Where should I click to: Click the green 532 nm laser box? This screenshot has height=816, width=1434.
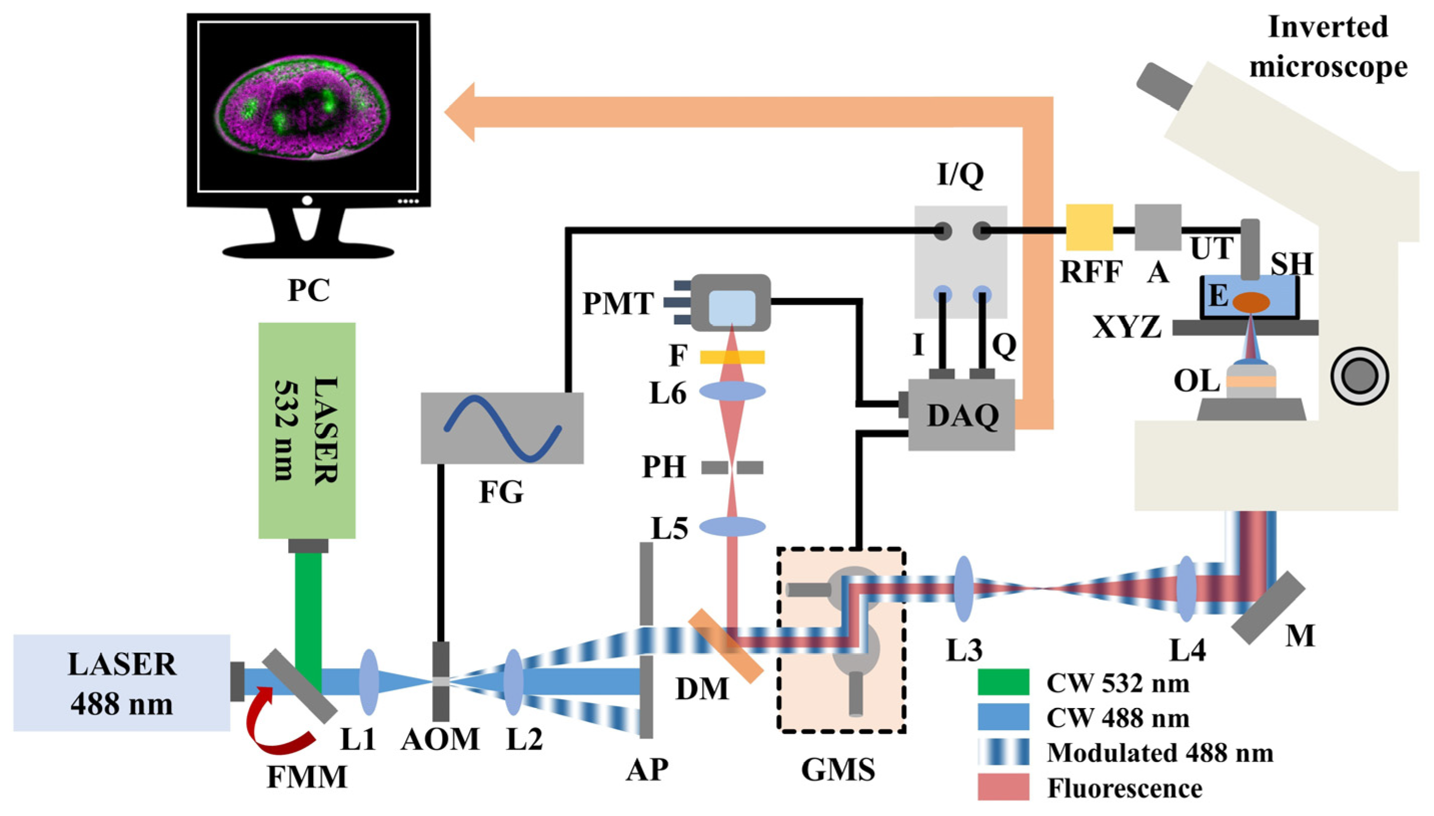coord(307,430)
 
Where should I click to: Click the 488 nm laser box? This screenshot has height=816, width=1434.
coord(122,682)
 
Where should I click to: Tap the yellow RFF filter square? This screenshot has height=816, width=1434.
coord(1089,227)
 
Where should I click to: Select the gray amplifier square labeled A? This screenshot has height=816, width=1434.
coord(1157,227)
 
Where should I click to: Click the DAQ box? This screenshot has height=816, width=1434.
coord(961,414)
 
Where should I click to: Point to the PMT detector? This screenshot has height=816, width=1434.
coord(730,302)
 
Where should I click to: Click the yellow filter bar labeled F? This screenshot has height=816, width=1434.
coord(732,357)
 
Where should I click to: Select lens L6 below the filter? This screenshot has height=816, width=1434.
coord(732,390)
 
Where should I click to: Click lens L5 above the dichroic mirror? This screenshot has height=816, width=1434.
coord(732,526)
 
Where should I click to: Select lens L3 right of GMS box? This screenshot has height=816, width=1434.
coord(963,588)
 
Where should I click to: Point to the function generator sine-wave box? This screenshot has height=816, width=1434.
coord(502,428)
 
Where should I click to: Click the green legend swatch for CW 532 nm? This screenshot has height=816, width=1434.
coord(1003,682)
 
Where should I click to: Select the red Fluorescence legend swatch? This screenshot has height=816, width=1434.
coord(1003,786)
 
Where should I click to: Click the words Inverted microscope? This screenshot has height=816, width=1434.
coord(1327,47)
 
